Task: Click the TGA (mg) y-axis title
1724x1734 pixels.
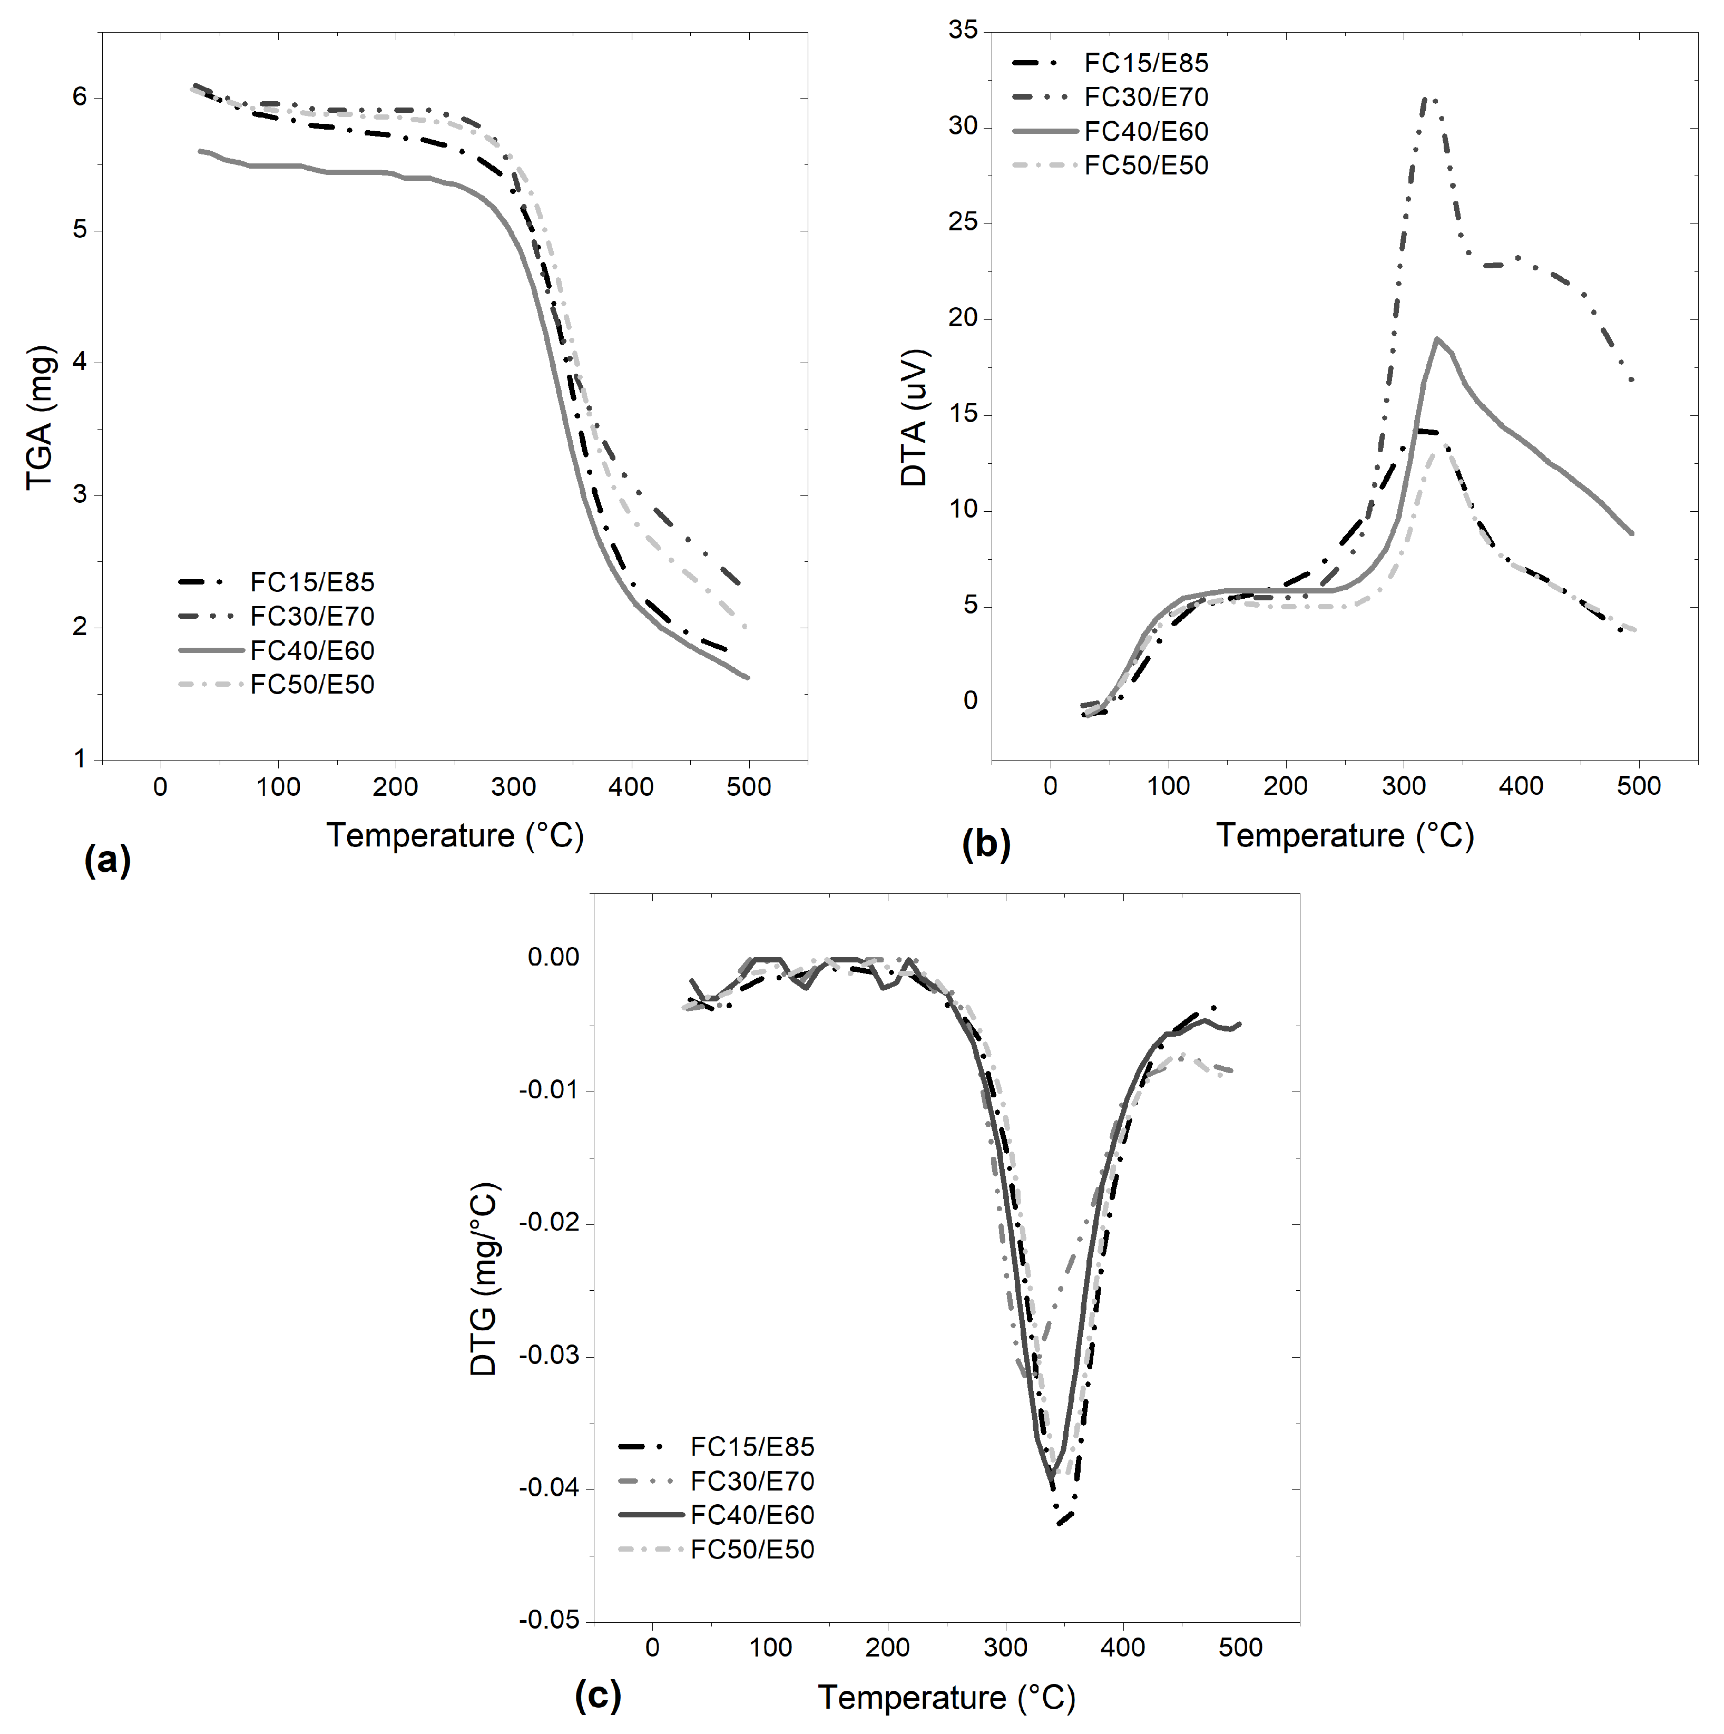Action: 41,417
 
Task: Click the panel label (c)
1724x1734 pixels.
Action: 597,1696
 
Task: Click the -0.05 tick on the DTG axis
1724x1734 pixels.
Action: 549,1620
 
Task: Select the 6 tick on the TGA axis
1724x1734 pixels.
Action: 80,97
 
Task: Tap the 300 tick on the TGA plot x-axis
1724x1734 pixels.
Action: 513,787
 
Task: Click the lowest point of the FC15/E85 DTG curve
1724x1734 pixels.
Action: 1061,1523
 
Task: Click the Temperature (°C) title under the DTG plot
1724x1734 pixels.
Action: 946,1697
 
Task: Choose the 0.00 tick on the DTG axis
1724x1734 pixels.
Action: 554,958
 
